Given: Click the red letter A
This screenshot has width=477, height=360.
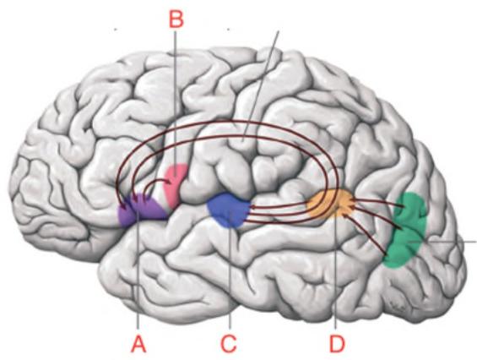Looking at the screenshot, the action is [138, 345].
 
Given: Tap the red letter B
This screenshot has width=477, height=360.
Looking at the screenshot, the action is [176, 19].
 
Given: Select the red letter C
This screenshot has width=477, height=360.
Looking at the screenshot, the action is [229, 345].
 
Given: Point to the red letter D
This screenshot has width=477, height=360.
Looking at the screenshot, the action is [337, 345].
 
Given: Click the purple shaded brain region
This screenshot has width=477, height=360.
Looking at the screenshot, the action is [142, 210].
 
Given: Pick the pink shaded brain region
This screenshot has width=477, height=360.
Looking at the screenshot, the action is [175, 184].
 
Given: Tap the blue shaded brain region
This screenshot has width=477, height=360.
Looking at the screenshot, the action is [229, 210].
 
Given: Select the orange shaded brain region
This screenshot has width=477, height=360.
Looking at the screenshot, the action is [331, 204].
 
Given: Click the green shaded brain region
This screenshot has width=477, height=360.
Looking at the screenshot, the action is [405, 230].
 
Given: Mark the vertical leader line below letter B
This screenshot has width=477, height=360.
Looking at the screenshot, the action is [176, 105].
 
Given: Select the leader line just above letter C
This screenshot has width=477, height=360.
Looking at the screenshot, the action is [230, 270].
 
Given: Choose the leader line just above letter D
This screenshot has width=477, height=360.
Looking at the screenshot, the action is [335, 267].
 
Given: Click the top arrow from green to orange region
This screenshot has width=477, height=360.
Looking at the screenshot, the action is [378, 203].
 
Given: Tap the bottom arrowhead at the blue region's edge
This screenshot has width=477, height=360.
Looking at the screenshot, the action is [247, 220].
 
